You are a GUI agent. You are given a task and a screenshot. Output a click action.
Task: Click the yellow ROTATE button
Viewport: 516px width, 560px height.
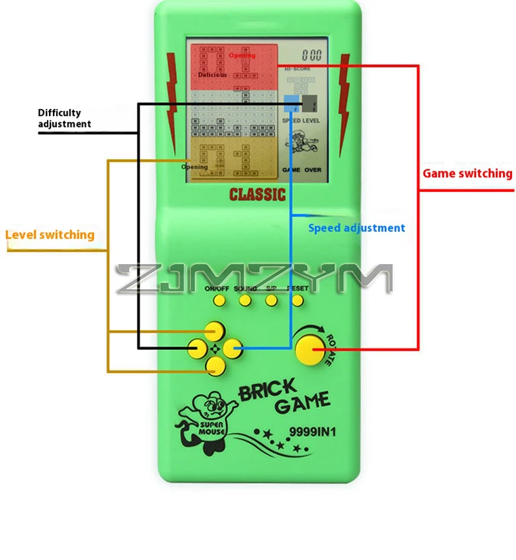pyautogui.click(x=310, y=349)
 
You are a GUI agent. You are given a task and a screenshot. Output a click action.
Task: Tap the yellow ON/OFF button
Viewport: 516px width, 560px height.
pyautogui.click(x=219, y=300)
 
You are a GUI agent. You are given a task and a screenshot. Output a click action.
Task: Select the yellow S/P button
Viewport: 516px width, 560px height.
pyautogui.click(x=272, y=300)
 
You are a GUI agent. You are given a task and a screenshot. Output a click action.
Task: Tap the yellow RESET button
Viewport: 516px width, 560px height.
pyautogui.click(x=299, y=300)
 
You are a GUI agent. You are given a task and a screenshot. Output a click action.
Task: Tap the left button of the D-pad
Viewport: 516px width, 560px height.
pyautogui.click(x=197, y=349)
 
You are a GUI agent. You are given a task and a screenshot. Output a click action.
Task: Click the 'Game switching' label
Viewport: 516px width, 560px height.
pyautogui.click(x=468, y=173)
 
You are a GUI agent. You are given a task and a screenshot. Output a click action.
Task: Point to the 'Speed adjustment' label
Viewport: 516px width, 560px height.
pyautogui.click(x=357, y=227)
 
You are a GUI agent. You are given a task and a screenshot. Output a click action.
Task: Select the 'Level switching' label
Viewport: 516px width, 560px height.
pyautogui.click(x=50, y=235)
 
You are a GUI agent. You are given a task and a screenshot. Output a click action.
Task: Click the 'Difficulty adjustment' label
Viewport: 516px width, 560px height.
pyautogui.click(x=64, y=119)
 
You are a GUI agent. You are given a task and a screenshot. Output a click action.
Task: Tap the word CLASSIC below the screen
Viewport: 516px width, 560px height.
pyautogui.click(x=257, y=194)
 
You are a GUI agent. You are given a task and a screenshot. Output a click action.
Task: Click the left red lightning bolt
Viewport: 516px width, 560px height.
pyautogui.click(x=172, y=97)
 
